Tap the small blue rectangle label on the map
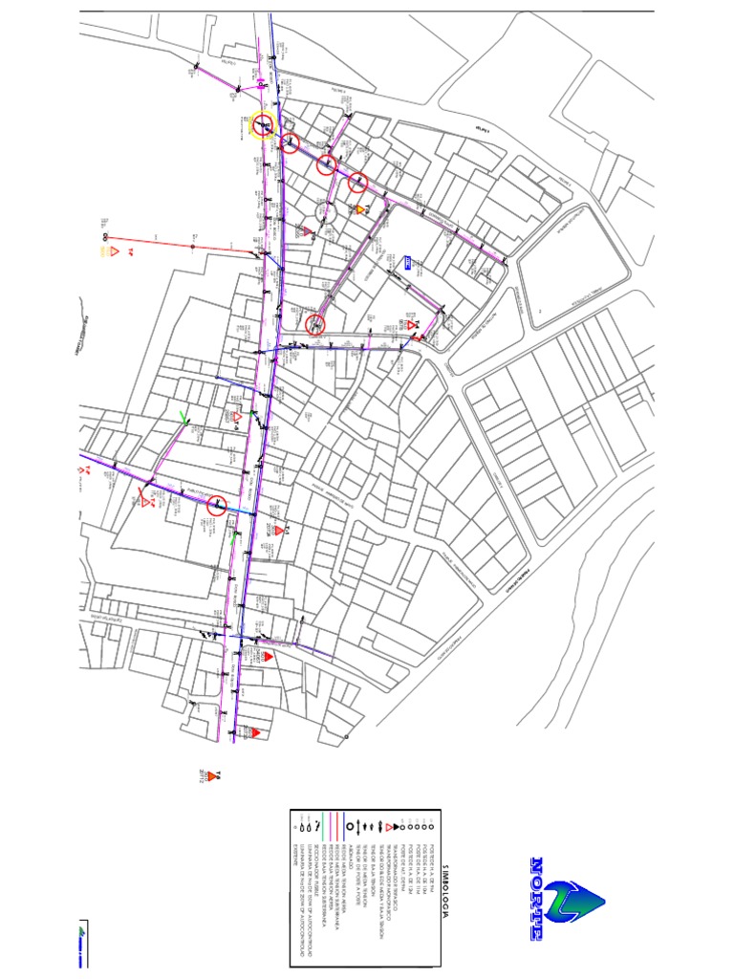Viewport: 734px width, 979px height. [x=409, y=264]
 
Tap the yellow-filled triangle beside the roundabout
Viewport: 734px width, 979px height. [x=360, y=208]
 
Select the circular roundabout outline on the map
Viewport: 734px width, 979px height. [x=321, y=210]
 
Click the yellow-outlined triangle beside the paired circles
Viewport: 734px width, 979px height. [x=112, y=252]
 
